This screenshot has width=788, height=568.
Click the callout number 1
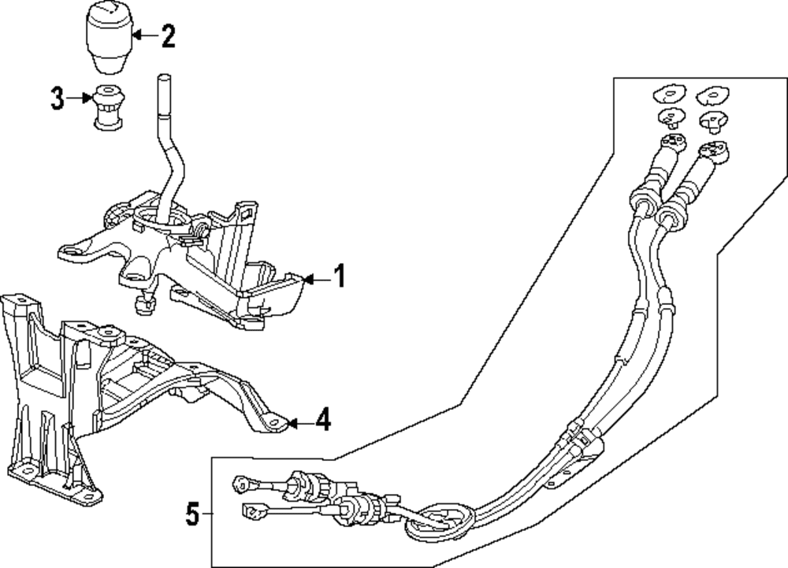pos(338,277)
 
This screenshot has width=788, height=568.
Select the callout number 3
pos(57,99)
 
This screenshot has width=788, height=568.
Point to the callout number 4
pos(322,422)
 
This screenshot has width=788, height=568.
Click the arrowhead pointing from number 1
pos(307,278)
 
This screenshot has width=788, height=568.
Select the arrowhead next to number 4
pos(290,424)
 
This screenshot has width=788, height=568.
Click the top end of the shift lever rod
pos(163,79)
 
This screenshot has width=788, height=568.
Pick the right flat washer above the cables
pos(711,95)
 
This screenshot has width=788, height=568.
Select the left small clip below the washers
pos(670,117)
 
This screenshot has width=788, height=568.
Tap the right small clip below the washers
pos(712,119)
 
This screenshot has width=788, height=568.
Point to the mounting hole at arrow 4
pos(274,424)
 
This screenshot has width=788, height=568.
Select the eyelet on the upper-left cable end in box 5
pos(240,481)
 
